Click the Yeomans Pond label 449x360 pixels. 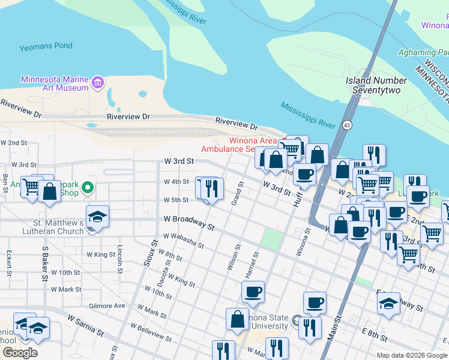click(x=46, y=46)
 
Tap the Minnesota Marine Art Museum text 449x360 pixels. click(x=55, y=83)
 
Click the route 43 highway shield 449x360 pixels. click(x=347, y=125)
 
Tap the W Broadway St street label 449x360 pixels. click(x=189, y=223)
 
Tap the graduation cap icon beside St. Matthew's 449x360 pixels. click(x=97, y=217)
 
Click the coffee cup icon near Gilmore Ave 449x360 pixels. click(x=253, y=292)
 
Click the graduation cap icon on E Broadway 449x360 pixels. click(x=388, y=304)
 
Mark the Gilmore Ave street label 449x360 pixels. click(x=106, y=305)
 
